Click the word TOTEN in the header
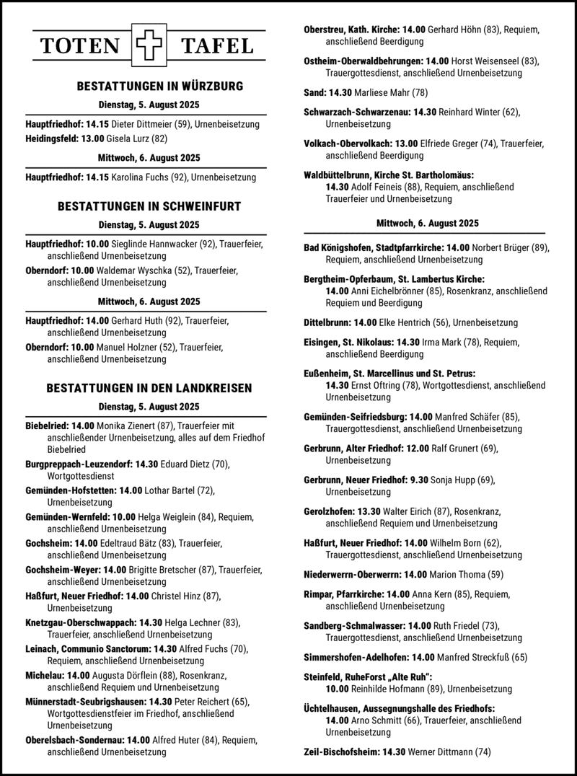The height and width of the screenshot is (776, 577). coord(80,45)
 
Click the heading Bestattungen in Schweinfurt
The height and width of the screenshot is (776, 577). coord(149,206)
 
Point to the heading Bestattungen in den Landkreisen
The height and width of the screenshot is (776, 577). coord(149,388)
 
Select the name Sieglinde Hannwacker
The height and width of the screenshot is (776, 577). coord(152,244)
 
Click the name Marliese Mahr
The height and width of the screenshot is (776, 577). coord(384,92)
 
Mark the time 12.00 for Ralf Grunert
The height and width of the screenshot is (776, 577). coord(418,448)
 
